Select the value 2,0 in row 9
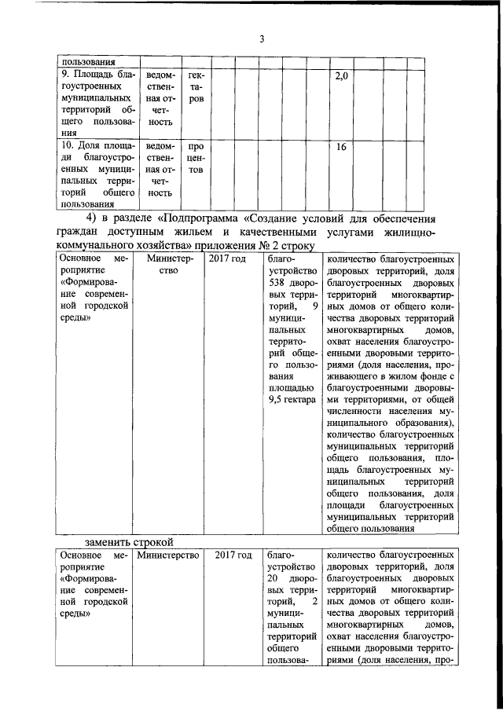(340, 76)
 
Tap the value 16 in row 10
(340, 147)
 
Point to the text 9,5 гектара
(292, 399)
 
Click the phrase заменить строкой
(129, 542)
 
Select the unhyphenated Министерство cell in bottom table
(167, 555)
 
